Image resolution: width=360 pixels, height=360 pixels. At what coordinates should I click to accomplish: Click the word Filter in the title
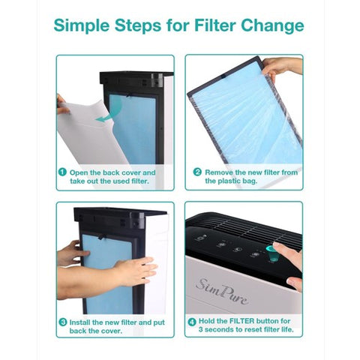click(215, 25)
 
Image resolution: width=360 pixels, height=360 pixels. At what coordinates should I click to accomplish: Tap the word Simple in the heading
click(82, 25)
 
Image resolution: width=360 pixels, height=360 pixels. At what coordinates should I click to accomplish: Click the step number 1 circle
click(62, 172)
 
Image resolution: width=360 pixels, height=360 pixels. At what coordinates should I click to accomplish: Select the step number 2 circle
click(197, 172)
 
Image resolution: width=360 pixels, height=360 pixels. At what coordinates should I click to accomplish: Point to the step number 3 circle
click(63, 322)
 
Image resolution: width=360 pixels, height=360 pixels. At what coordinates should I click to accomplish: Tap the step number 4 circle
click(192, 322)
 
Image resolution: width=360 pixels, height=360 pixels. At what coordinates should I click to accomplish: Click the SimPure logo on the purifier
click(222, 291)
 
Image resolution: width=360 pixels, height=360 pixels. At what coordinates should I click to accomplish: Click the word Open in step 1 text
click(79, 172)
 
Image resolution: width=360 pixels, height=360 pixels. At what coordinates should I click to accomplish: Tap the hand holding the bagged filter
click(280, 67)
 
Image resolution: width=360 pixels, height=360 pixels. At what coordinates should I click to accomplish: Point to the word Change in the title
click(272, 26)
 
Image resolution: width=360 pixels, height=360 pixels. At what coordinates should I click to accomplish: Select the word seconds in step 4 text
click(220, 329)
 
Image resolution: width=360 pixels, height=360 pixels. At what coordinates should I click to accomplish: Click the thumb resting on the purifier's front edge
click(295, 283)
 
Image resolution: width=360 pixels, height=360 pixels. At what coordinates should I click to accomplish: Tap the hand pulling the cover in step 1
click(62, 104)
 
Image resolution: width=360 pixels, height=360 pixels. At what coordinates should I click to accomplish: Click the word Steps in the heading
click(138, 26)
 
